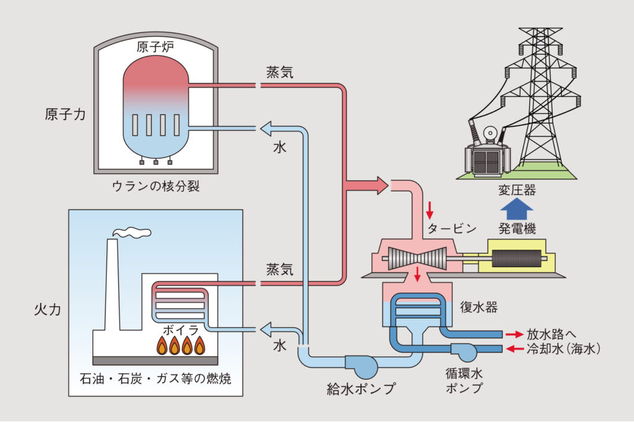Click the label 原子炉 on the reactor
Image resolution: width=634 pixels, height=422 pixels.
click(x=155, y=48)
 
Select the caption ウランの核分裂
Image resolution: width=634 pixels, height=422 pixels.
click(x=155, y=187)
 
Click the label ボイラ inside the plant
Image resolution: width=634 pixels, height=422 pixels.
click(x=180, y=329)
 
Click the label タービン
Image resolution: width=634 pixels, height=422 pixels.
click(x=451, y=228)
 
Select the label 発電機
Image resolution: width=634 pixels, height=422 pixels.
click(x=516, y=228)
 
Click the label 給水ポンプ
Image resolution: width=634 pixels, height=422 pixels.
click(x=361, y=389)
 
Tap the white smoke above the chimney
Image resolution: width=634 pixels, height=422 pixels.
click(x=132, y=232)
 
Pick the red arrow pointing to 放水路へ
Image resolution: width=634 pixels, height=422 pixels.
click(x=514, y=334)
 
